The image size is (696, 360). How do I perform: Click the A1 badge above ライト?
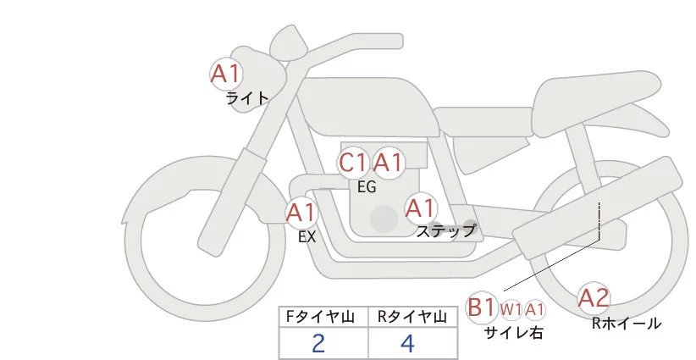click(226, 73)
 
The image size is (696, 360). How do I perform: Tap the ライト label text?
click(247, 98)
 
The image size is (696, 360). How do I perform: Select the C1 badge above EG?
click(353, 163)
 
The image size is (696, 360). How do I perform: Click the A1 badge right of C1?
click(389, 163)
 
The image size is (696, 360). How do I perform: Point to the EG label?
click(367, 187)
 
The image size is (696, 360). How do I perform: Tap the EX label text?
click(307, 237)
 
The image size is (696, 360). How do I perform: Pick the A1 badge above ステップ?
click(421, 208)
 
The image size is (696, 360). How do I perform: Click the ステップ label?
click(446, 230)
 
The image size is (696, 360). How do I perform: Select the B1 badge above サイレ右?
click(482, 307)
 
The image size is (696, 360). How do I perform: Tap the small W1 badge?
click(511, 310)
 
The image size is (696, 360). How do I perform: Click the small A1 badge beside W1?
click(535, 310)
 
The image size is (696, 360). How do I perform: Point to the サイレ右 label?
click(513, 333)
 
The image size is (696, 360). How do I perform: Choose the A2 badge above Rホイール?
click(594, 298)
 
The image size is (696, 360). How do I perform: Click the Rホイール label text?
click(627, 323)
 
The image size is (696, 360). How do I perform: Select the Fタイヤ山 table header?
click(323, 318)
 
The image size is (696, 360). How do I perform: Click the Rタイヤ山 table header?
click(412, 318)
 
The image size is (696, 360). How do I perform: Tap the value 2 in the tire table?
click(318, 344)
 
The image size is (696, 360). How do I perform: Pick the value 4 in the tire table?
click(407, 344)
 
